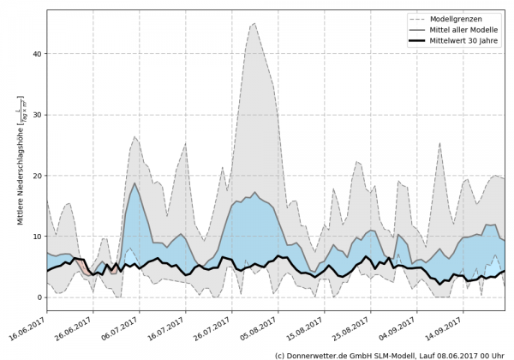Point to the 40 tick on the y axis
(36, 54)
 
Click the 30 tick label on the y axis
(36, 115)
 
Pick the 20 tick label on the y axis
(36, 176)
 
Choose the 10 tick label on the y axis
(36, 237)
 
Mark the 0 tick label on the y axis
(39, 297)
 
